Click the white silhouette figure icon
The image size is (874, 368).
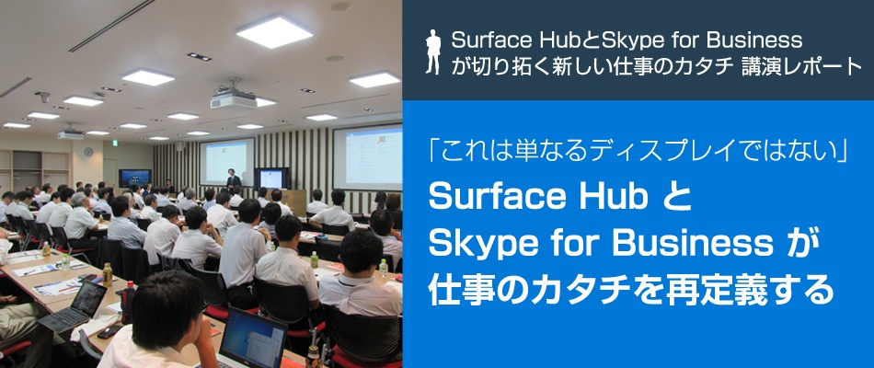[x=434, y=52]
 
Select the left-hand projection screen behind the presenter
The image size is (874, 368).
[x=226, y=158]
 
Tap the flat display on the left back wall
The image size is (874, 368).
[x=134, y=177]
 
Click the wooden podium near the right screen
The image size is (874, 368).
[x=295, y=199]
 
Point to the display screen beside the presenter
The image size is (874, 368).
[x=271, y=178]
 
